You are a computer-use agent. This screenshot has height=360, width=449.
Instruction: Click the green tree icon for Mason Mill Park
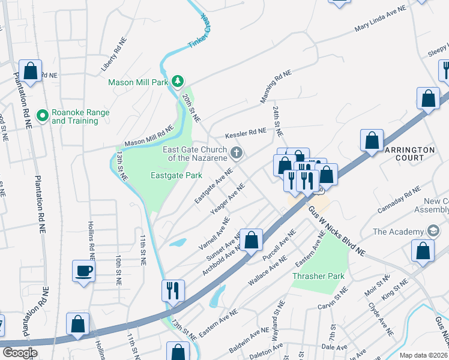tap(177, 81)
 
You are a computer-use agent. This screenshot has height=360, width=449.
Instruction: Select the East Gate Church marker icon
tap(237, 153)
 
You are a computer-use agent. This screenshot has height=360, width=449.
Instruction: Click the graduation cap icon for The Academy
tap(432, 232)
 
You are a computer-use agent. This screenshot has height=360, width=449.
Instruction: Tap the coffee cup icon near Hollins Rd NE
tap(83, 271)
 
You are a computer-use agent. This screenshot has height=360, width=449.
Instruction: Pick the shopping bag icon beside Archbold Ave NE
tap(252, 239)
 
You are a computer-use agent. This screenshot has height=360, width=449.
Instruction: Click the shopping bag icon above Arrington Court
tap(372, 140)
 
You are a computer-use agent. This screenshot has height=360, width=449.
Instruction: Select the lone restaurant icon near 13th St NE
tap(172, 290)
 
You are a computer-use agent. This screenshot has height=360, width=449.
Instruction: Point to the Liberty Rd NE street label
tap(116, 51)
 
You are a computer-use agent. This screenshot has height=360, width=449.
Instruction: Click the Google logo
tap(20, 353)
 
